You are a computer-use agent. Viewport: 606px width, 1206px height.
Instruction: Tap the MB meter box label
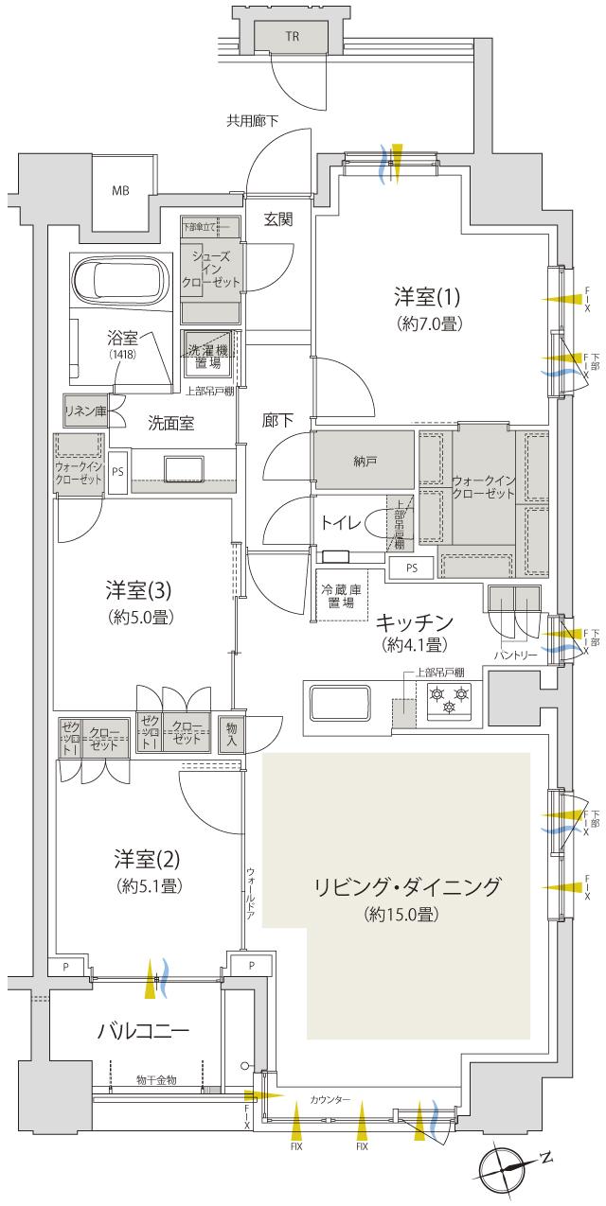coord(120,191)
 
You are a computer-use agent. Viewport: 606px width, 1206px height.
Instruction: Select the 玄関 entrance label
coord(277,219)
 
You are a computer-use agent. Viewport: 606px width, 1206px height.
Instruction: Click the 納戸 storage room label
coord(363,461)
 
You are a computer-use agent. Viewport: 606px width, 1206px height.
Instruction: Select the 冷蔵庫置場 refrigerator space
coord(341,594)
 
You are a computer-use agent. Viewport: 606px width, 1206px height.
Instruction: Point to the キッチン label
coord(414,622)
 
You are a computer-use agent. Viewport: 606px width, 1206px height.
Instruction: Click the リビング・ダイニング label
coord(407,887)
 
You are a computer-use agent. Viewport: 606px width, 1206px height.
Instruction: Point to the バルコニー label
coord(144,1030)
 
